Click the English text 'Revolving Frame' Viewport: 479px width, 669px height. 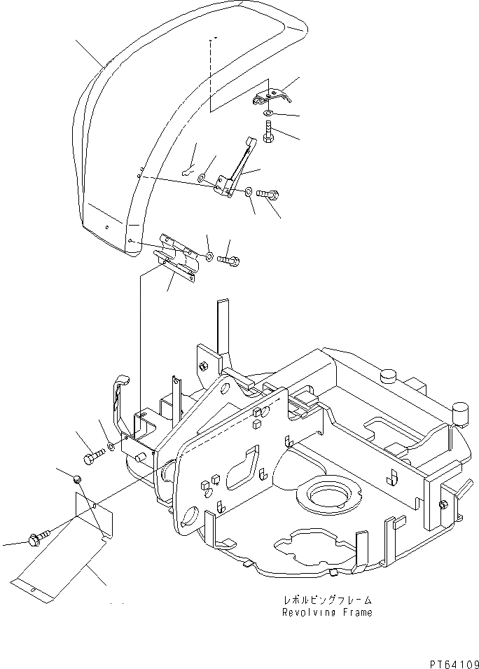tap(326, 612)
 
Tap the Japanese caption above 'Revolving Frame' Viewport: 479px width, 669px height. tap(326, 600)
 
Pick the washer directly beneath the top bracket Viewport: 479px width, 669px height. tap(270, 112)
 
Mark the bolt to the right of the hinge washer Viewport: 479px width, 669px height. tap(230, 260)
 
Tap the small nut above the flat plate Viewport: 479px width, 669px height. tap(78, 478)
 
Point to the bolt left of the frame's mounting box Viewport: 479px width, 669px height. tap(94, 458)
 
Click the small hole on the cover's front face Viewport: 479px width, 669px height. tap(106, 227)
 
